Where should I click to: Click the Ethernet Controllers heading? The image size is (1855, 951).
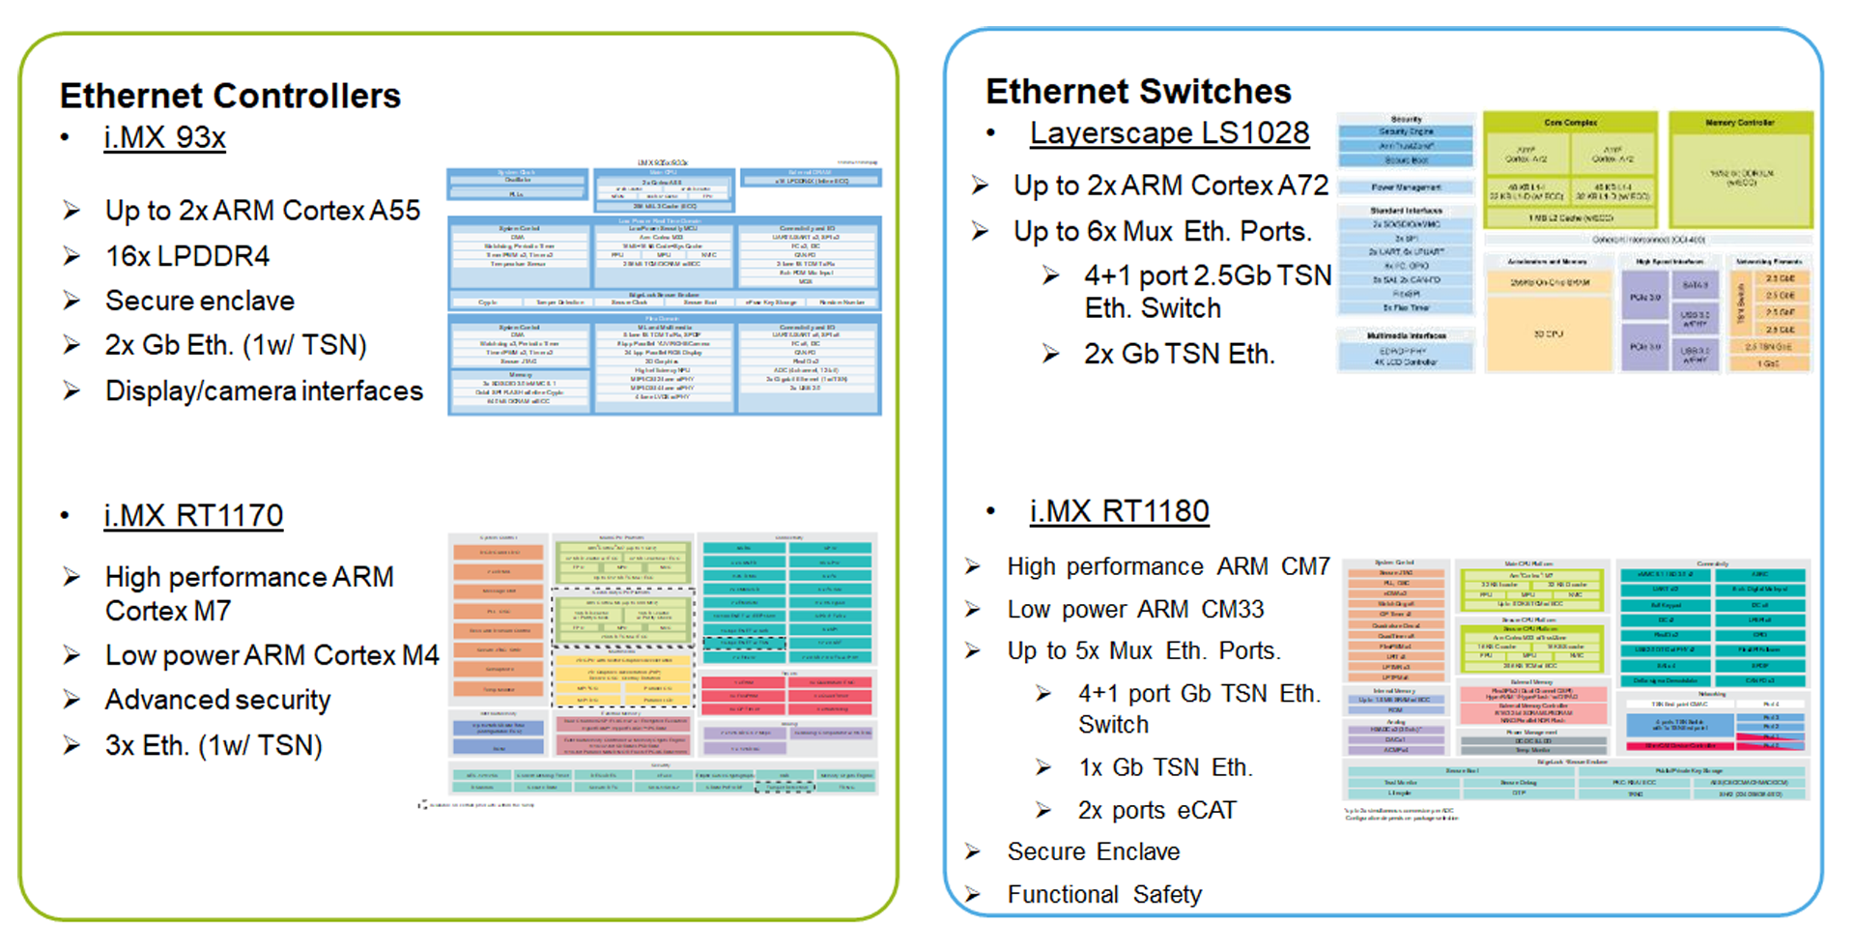[230, 96]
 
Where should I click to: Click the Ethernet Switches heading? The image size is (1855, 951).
[1137, 91]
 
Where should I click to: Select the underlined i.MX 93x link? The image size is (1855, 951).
[164, 137]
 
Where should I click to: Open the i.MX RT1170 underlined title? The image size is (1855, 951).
[193, 515]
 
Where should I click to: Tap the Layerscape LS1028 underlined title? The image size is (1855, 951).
[1169, 132]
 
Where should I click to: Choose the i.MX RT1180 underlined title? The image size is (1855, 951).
[1119, 510]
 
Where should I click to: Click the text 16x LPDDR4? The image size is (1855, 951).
[186, 256]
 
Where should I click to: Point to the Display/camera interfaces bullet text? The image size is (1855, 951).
[264, 390]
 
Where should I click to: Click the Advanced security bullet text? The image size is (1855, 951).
[217, 699]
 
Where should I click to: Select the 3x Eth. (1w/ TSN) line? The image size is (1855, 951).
[214, 745]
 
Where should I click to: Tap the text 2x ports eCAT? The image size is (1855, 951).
[1156, 810]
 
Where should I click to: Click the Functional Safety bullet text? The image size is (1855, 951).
[1103, 894]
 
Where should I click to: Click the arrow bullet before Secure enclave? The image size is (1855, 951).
[71, 301]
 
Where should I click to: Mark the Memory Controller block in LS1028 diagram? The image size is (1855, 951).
[1740, 174]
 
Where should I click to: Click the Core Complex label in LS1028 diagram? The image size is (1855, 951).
[1570, 123]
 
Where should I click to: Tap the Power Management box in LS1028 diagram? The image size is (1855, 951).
[1406, 187]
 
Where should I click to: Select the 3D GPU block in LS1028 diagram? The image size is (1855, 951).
[1548, 334]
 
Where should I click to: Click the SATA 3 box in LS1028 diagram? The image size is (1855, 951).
[1696, 286]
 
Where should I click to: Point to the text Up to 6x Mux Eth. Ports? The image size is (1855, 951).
[1162, 231]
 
